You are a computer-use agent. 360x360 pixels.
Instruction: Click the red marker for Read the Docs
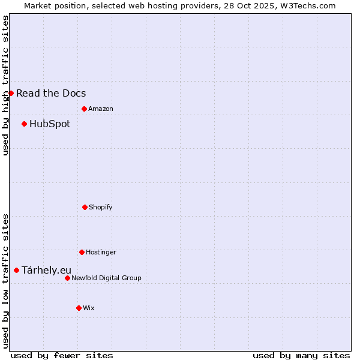point(11,93)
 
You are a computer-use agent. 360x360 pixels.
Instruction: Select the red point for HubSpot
point(24,124)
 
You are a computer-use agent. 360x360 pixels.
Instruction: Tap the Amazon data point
point(84,109)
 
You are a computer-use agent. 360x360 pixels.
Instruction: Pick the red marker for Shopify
point(85,207)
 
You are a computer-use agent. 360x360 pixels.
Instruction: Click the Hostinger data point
point(82,252)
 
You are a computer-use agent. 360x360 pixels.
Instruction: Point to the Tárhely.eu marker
point(16,270)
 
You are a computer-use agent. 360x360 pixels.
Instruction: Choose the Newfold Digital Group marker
point(67,278)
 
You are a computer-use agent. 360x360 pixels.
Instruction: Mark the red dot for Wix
point(79,308)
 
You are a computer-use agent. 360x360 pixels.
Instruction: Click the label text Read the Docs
point(51,93)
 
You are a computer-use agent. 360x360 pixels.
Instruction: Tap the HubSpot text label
point(50,124)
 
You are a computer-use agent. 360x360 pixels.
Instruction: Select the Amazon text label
point(101,109)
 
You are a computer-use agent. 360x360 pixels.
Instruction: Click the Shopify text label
point(101,207)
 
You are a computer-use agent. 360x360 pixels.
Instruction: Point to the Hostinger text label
point(101,252)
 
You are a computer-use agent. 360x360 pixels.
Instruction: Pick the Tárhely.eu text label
point(46,271)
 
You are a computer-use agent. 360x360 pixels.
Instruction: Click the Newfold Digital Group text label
point(106,278)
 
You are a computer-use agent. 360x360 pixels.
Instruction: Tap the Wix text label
point(89,308)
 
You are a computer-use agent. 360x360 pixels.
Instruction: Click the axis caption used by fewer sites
point(62,355)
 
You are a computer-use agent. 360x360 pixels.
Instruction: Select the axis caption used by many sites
point(301,355)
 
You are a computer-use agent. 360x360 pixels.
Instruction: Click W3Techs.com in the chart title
point(305,5)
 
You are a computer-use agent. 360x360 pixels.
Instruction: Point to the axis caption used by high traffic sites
point(5,85)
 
